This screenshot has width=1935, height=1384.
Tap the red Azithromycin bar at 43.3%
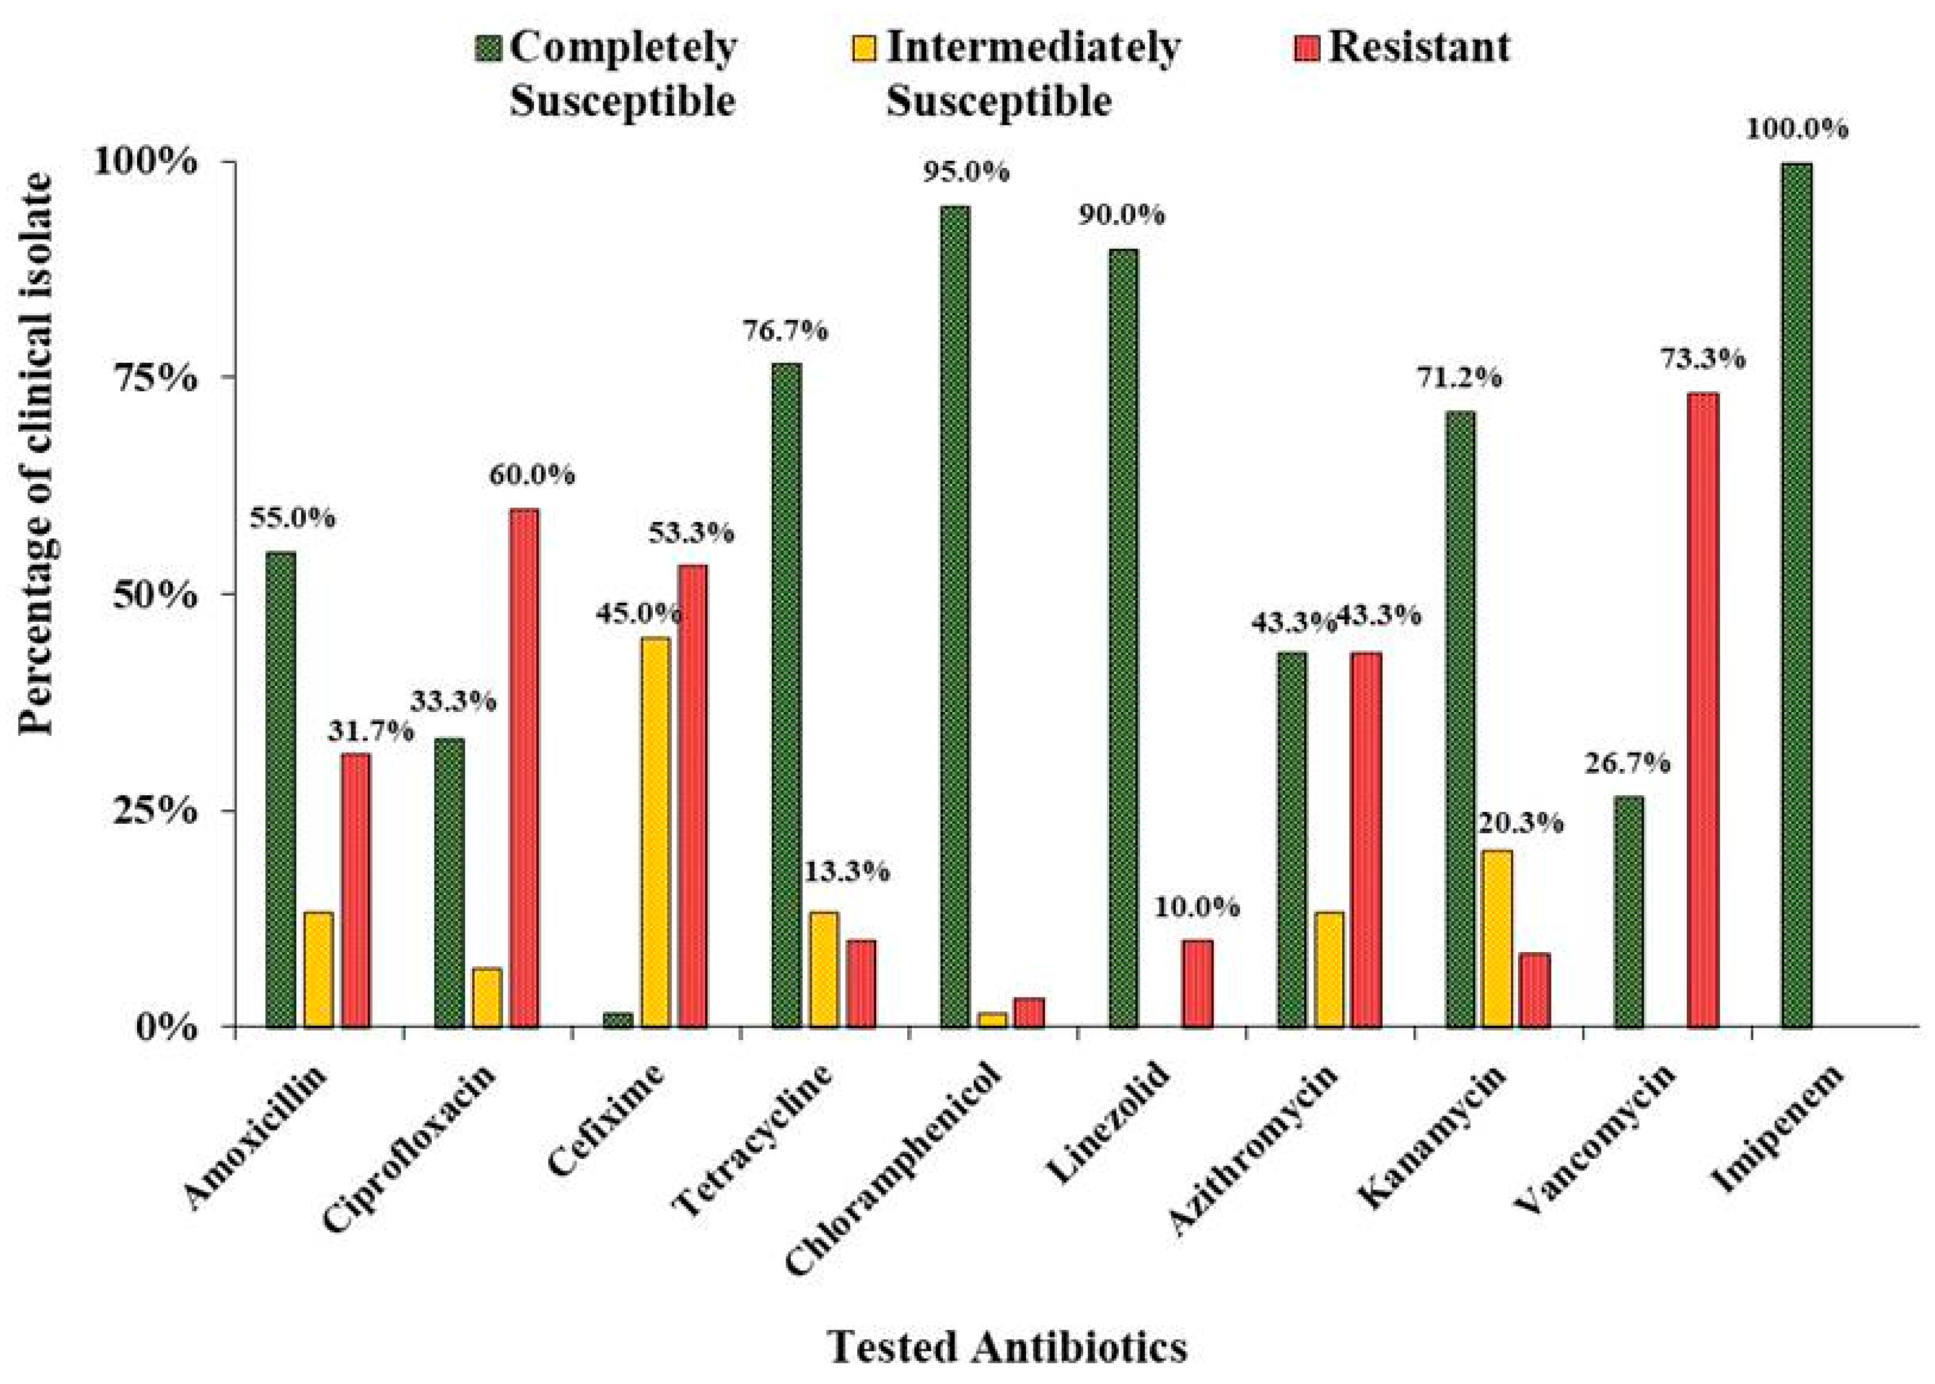(1366, 839)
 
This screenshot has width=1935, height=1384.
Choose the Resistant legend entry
(1402, 47)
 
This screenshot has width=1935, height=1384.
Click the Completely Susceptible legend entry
(607, 75)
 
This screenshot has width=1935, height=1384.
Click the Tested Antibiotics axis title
(1008, 1348)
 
